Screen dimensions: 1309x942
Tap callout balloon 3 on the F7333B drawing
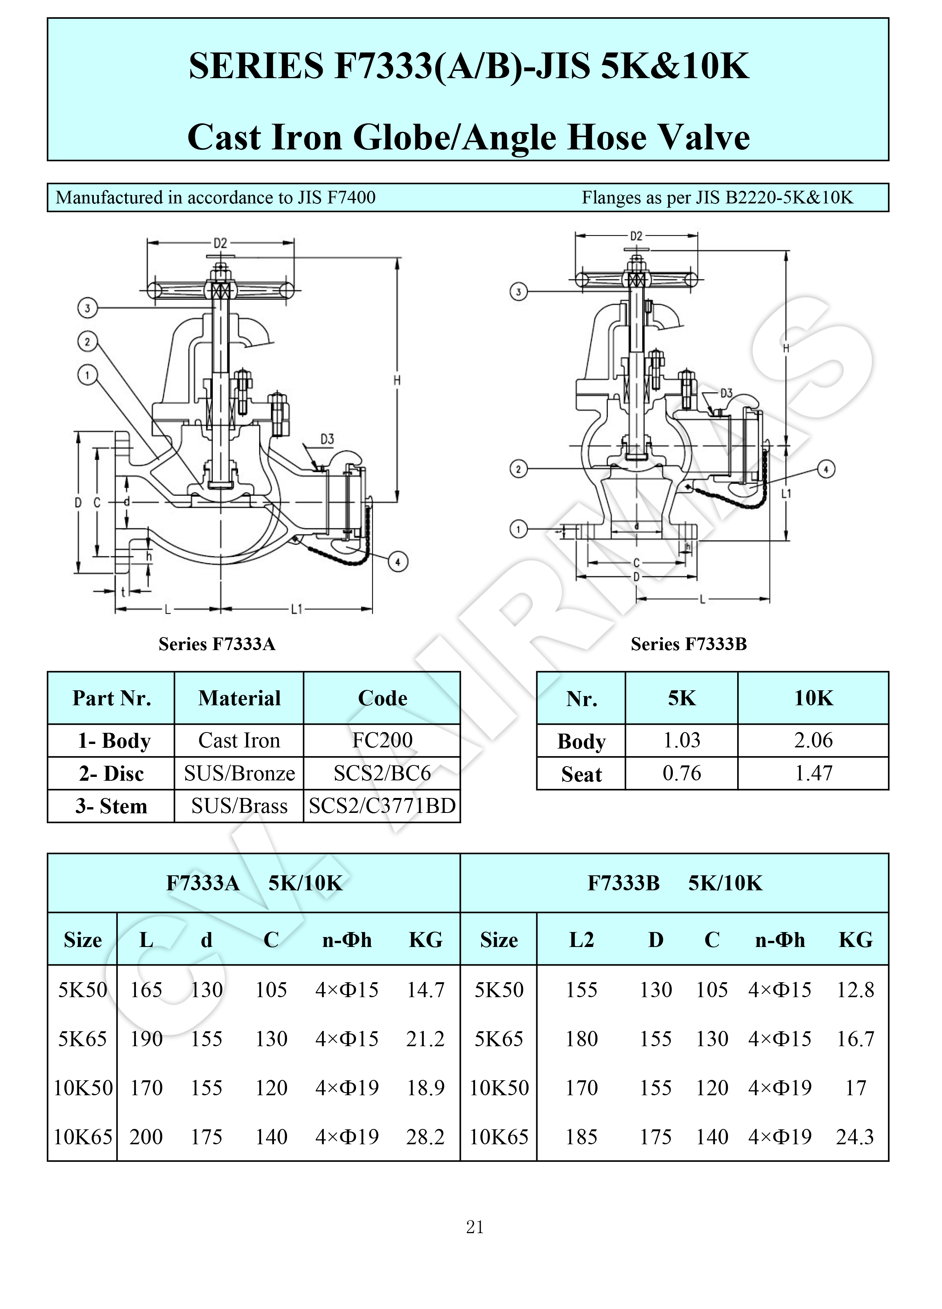519,292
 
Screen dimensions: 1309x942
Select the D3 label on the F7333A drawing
327,439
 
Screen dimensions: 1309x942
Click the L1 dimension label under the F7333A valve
297,609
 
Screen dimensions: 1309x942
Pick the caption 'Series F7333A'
217,644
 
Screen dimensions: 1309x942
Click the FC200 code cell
382,741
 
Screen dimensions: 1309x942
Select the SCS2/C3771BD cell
382,806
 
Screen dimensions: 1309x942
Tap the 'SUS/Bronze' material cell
239,773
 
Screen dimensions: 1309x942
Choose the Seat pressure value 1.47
813,773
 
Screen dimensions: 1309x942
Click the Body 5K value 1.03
682,741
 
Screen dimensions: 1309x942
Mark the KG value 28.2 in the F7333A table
426,1137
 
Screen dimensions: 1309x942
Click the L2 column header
581,940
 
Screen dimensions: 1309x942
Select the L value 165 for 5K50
146,990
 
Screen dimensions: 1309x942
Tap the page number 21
475,1227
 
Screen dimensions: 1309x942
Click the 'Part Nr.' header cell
112,698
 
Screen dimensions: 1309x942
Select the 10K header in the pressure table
813,698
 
